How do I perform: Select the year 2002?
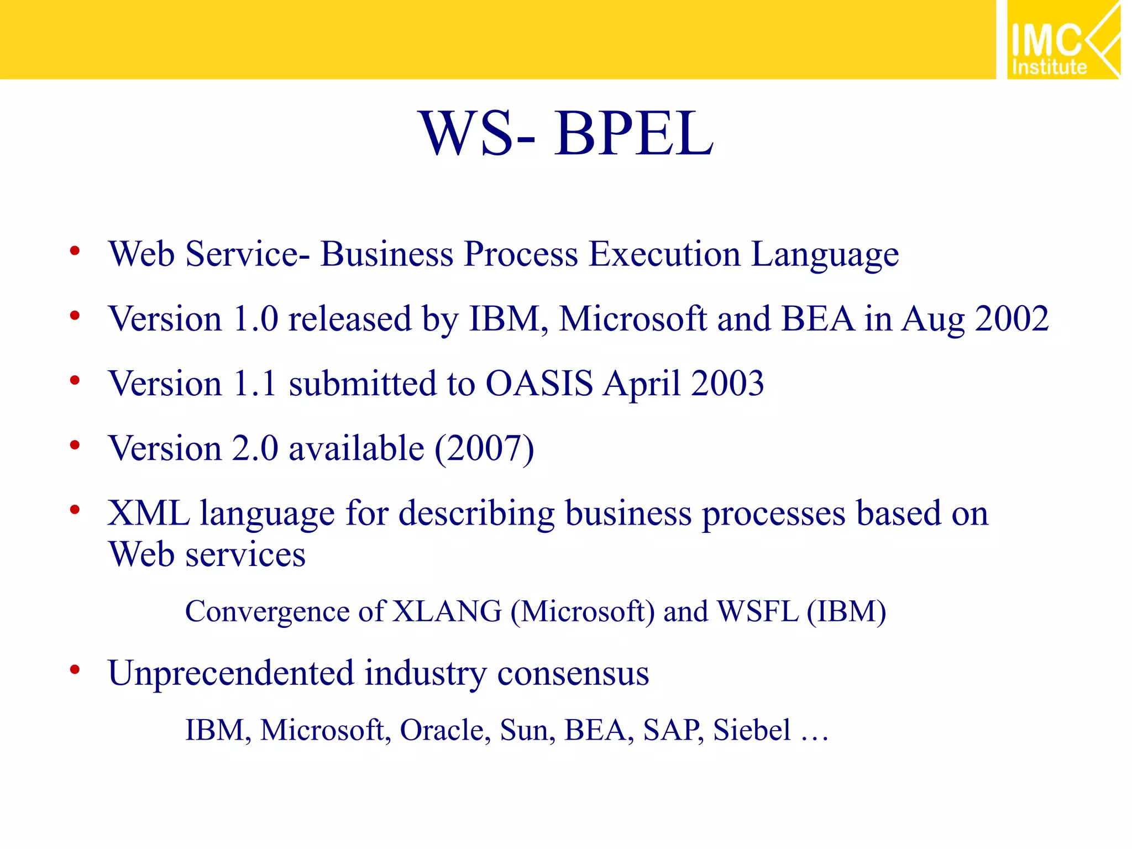1012,319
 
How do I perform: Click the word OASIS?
539,384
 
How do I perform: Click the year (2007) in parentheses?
484,449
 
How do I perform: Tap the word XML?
148,513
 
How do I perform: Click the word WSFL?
757,612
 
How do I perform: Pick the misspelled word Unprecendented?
230,674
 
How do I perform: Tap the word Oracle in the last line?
444,730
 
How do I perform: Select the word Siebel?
752,730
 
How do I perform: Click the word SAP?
672,730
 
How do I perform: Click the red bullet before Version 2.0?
75,445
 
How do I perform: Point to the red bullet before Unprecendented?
75,670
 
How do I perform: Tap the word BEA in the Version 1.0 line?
818,319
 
